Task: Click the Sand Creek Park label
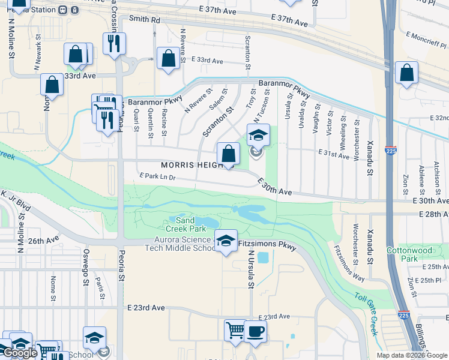tap(185, 224)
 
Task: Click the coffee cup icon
tap(255, 331)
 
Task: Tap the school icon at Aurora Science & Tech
tap(225, 241)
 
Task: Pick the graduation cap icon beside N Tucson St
tap(258, 134)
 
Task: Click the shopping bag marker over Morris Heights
tap(228, 153)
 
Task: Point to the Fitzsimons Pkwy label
tap(267, 245)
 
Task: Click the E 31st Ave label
tap(334, 155)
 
